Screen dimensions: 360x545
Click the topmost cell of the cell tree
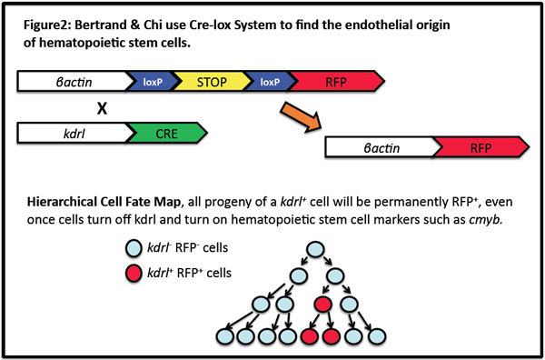click(x=317, y=250)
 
